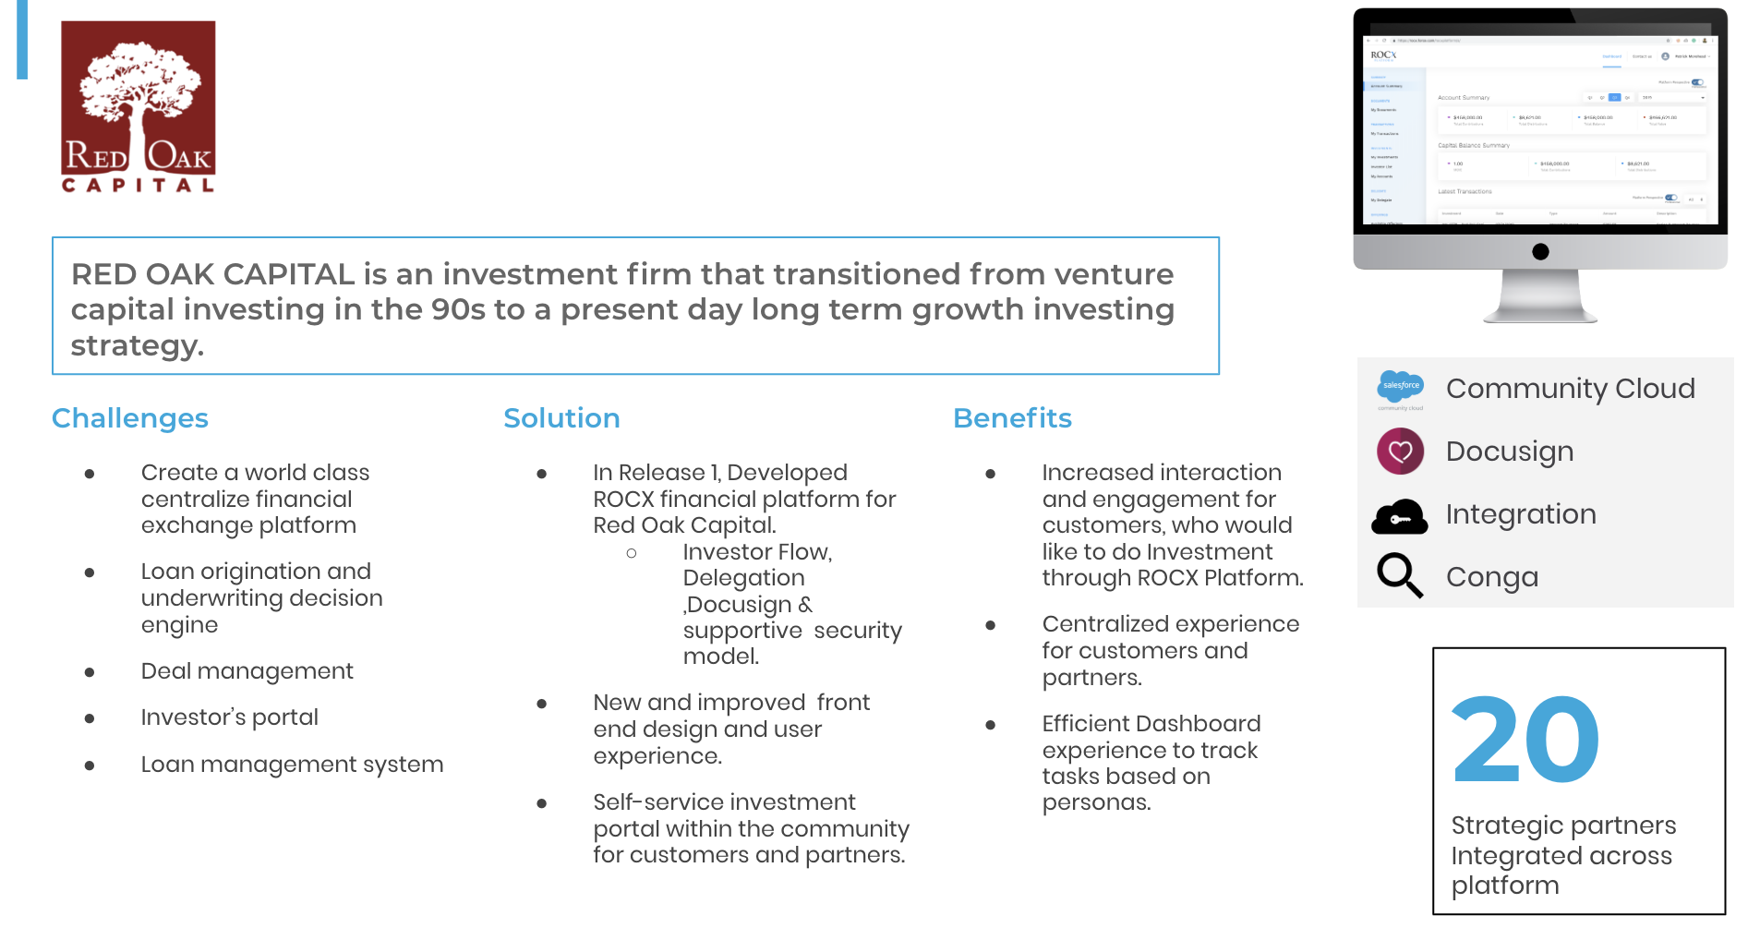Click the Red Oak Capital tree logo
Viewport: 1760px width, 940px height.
139,106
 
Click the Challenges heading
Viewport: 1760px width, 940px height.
129,418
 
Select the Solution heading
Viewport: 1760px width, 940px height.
561,418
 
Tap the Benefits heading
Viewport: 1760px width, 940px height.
1012,418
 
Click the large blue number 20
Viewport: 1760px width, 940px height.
1525,741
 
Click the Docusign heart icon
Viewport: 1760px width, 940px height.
1400,452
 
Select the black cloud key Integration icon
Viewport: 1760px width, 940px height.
1399,517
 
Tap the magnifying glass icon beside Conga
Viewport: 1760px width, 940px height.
1399,575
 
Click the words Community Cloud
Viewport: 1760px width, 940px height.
1570,389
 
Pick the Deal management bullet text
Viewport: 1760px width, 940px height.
247,671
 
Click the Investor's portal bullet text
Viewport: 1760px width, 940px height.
229,717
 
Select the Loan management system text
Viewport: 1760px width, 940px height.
292,765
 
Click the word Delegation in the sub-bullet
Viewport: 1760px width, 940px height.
743,578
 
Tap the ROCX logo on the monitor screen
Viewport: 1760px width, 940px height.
1382,55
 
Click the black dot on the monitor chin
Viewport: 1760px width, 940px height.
1540,251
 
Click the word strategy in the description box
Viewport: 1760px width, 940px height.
137,346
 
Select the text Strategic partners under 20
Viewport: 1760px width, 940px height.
1562,826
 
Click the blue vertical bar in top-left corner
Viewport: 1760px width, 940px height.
22,39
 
